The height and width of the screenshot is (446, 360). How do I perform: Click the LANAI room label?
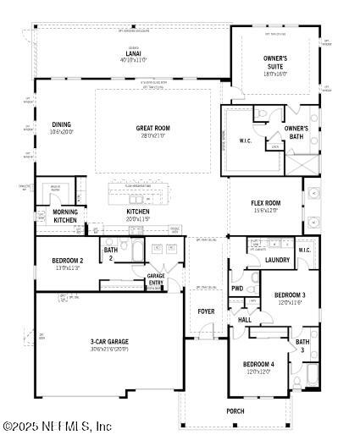(x=134, y=54)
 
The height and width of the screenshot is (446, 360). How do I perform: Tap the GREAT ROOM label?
(x=153, y=129)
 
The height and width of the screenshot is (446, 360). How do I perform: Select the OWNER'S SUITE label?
(x=274, y=63)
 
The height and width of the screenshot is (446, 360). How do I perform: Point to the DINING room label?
(x=61, y=124)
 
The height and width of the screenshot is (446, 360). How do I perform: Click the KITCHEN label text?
(x=138, y=212)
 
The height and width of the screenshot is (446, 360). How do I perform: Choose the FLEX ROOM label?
(x=265, y=204)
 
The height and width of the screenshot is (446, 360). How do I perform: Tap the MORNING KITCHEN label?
(x=65, y=216)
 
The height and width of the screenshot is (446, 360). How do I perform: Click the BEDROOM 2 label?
(x=67, y=261)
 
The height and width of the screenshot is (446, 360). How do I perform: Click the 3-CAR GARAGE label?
(x=109, y=342)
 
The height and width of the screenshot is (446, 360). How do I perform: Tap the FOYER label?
(x=207, y=311)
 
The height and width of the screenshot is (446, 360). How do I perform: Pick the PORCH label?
(x=235, y=410)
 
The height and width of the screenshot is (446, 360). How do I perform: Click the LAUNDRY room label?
(x=278, y=260)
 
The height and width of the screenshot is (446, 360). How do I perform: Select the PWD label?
(x=237, y=289)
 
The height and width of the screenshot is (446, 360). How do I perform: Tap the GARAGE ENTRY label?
(x=156, y=280)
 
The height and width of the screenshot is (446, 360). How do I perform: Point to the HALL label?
(x=245, y=320)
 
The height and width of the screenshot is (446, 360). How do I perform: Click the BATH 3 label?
(x=302, y=345)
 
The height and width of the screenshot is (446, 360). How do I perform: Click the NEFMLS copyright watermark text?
(x=58, y=427)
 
